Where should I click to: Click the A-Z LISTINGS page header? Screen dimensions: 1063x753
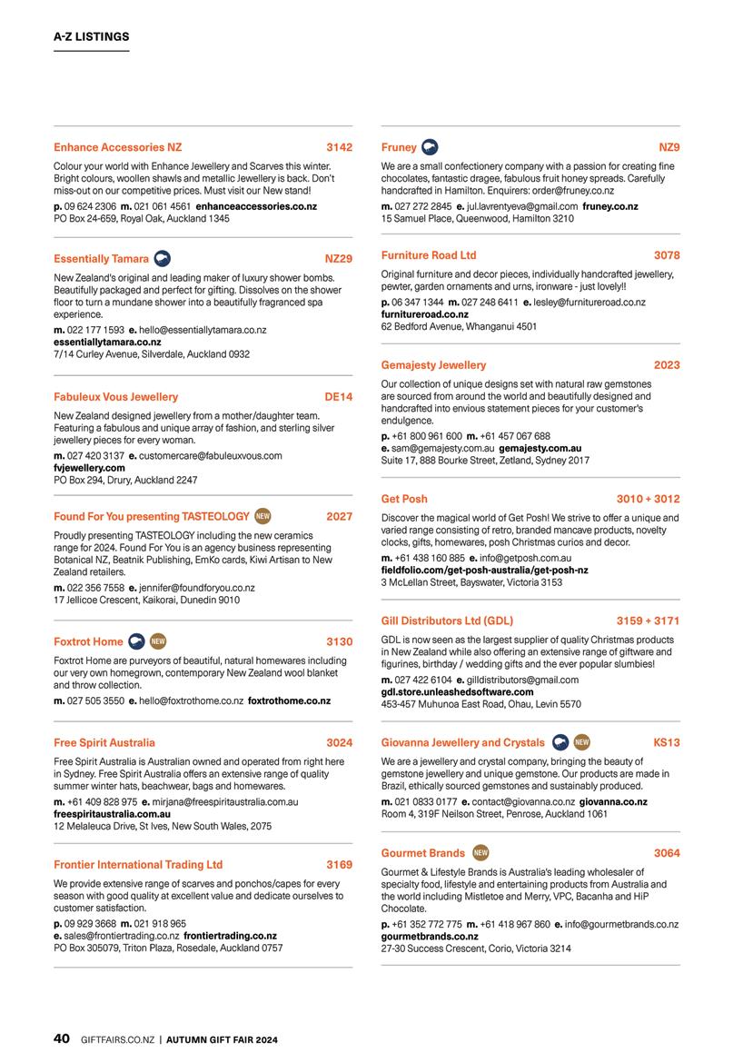[x=91, y=37]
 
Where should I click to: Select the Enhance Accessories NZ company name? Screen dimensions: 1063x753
[x=118, y=146]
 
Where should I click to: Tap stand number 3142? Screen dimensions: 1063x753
[x=340, y=146]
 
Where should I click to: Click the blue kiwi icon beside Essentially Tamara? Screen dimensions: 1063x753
[x=163, y=259]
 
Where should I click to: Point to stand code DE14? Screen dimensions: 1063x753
[x=339, y=397]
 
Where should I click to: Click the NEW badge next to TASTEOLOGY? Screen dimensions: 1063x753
[x=263, y=516]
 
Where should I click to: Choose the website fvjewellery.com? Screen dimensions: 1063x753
[x=89, y=468]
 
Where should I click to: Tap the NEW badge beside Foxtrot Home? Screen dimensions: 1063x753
[x=157, y=641]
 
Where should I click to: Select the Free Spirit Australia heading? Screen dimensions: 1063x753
[x=104, y=742]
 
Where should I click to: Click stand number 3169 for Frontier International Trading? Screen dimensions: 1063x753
[x=340, y=865]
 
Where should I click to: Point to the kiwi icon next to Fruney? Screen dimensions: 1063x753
[x=431, y=147]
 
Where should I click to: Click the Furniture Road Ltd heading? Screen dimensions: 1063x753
[x=429, y=255]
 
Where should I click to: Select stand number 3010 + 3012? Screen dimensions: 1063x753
[x=648, y=499]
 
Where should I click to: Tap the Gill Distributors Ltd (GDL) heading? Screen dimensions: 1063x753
[x=447, y=621]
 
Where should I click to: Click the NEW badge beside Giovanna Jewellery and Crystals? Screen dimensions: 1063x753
[x=582, y=742]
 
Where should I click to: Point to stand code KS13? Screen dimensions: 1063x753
[x=667, y=742]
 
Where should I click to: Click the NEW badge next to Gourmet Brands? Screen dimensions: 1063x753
[x=481, y=853]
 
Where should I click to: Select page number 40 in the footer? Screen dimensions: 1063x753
[x=62, y=1038]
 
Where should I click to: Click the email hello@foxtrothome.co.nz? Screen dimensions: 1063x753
[x=191, y=701]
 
